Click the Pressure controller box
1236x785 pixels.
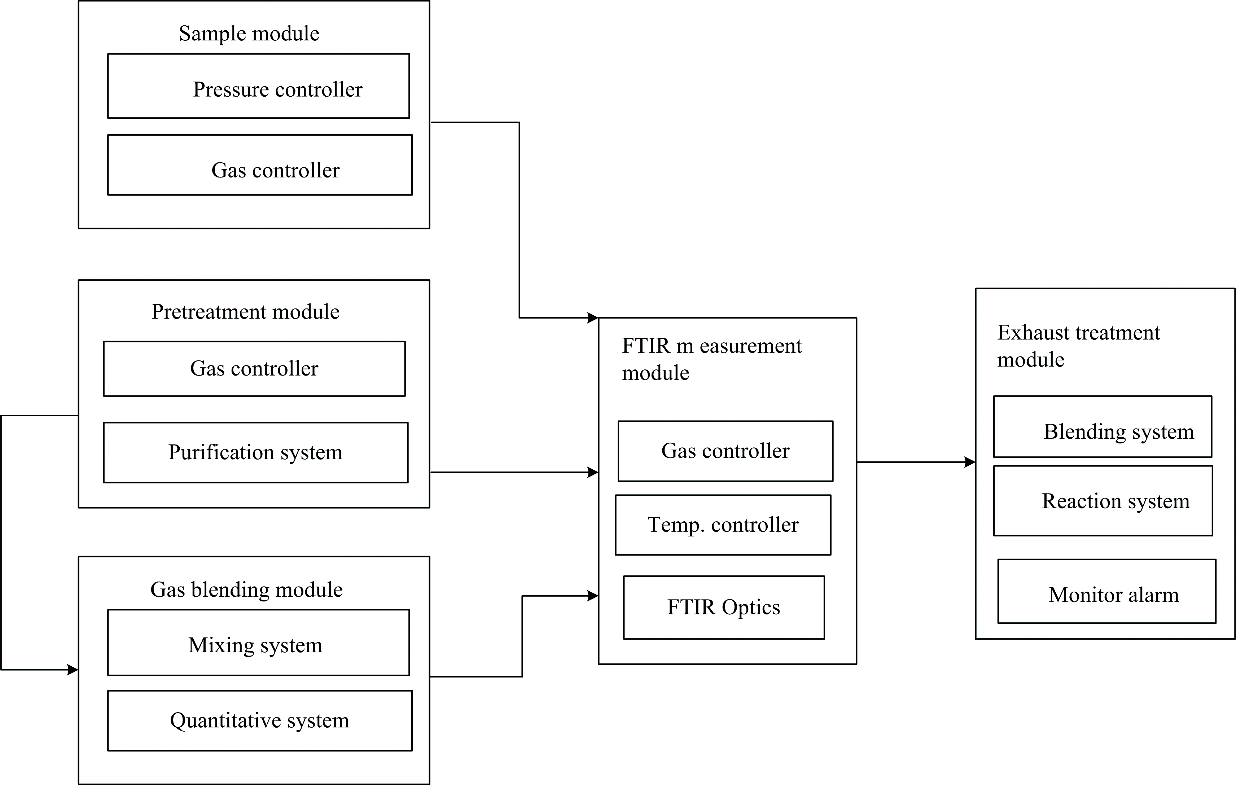tap(259, 86)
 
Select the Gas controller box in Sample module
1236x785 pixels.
tap(260, 165)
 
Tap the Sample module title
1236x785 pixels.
tap(249, 34)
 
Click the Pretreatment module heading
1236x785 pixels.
tap(245, 312)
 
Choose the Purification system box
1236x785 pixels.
tap(256, 452)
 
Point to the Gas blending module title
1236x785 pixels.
tap(246, 590)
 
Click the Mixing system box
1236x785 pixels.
tap(259, 642)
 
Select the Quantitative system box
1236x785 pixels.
tap(260, 720)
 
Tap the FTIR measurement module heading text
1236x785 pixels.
tap(711, 359)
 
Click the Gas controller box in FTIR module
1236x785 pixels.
tap(725, 451)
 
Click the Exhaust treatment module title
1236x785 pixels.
tap(1078, 346)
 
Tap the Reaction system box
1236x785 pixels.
tap(1104, 501)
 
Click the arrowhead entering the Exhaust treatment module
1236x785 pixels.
tap(970, 462)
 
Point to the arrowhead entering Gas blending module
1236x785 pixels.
tap(73, 670)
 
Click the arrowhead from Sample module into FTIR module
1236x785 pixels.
tap(593, 318)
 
